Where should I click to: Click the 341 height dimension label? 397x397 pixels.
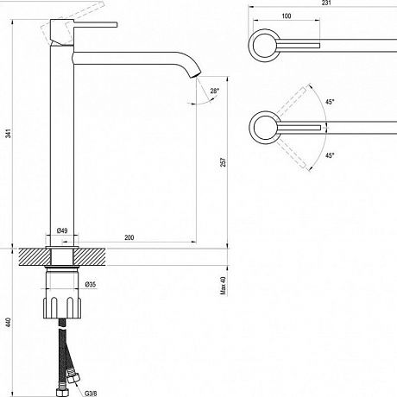coord(9,134)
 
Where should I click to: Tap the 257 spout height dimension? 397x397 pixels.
coord(223,162)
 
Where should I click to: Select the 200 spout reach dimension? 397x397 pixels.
coord(129,237)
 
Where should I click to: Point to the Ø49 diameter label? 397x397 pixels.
coord(62,230)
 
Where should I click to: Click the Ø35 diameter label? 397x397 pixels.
coord(91,285)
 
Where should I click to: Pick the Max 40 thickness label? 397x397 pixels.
coord(223,286)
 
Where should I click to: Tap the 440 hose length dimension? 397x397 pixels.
coord(9,322)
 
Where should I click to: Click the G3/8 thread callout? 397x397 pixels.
coord(91,394)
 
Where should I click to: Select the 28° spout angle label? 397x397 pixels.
coord(215,91)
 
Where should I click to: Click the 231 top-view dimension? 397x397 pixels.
coord(326,3)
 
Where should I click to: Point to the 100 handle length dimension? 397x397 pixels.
coord(287,16)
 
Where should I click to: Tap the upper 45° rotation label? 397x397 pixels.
coord(330,102)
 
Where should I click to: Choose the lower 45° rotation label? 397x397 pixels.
coord(330,155)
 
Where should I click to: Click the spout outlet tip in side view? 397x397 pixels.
coord(196,75)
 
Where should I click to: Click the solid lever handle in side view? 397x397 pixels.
coord(96,24)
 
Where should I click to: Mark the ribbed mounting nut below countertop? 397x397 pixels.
coord(62,307)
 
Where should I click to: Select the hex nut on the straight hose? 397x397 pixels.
coord(62,392)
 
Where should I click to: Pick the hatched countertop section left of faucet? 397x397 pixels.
coord(35,257)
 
